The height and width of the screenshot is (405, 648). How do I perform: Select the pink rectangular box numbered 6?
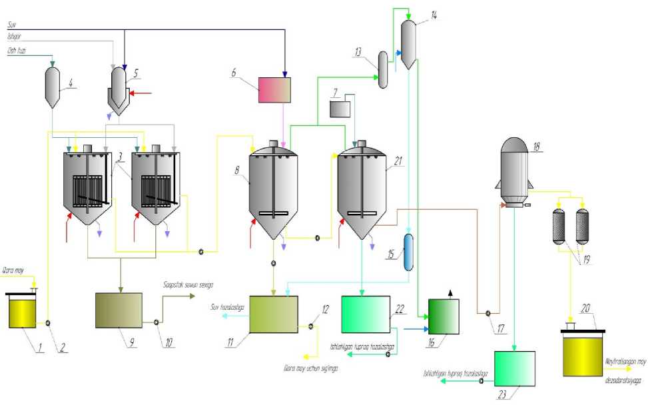click(x=274, y=90)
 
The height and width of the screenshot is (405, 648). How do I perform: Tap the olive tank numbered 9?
click(x=118, y=309)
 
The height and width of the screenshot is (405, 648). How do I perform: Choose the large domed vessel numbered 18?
click(x=515, y=170)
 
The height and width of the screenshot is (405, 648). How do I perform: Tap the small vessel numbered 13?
click(x=384, y=70)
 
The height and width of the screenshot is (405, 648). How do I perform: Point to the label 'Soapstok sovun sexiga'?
click(x=188, y=285)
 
